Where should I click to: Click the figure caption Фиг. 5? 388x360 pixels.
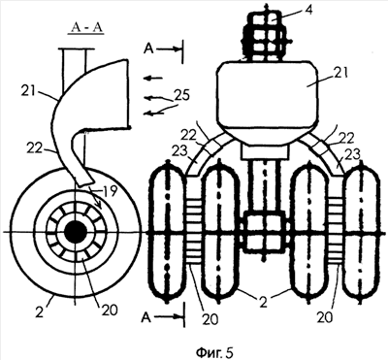(214, 352)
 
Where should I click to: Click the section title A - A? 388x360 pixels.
(85, 28)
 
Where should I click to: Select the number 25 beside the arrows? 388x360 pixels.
(182, 96)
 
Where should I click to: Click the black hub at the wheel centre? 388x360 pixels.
(76, 232)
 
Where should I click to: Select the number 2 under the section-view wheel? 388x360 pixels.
(39, 312)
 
